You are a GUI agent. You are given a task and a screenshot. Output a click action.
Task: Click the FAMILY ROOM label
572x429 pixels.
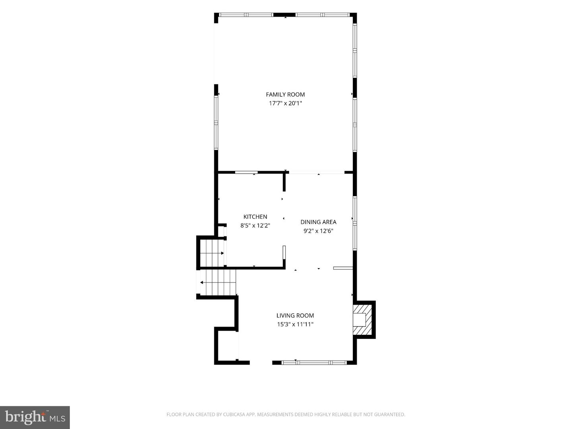(x=285, y=95)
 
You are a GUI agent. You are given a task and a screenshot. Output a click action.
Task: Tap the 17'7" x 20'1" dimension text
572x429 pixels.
(x=285, y=103)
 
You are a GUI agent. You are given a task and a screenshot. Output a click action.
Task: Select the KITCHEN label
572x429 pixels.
(x=255, y=217)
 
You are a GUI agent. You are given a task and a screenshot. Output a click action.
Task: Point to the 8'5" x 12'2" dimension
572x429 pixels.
(x=255, y=226)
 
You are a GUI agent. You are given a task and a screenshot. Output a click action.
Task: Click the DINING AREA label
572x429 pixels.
(x=318, y=222)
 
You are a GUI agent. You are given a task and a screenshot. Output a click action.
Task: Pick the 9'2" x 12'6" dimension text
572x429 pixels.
(x=318, y=231)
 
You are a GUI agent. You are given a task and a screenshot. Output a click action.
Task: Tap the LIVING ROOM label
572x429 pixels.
(x=295, y=315)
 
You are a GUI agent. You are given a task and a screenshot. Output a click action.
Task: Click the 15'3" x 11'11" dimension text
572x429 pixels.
(x=295, y=324)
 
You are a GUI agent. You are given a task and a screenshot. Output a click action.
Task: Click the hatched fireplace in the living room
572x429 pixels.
(x=362, y=320)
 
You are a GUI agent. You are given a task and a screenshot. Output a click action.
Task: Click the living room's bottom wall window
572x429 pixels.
(x=315, y=362)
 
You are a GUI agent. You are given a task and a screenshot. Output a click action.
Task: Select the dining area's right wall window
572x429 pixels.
(x=355, y=223)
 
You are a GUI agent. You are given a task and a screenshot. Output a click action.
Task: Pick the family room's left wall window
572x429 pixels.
(x=216, y=122)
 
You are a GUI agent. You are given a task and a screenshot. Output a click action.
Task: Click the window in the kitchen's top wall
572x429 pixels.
(x=247, y=172)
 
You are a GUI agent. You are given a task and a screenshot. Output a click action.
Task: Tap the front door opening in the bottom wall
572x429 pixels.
(x=261, y=362)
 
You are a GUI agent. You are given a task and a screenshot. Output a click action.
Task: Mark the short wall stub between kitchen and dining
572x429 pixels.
(x=284, y=182)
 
